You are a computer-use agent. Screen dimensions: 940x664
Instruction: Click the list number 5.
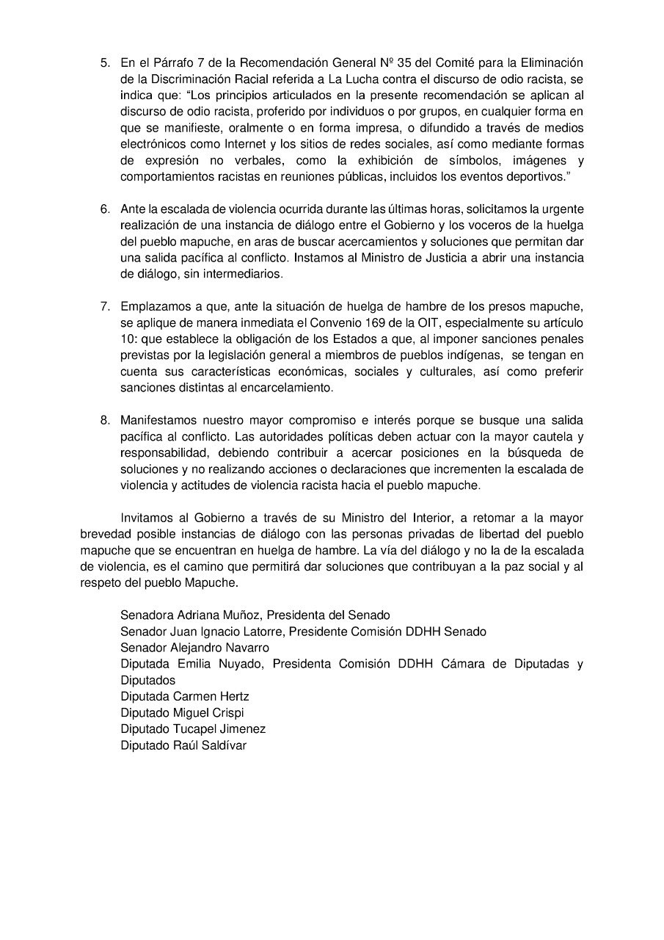tap(104, 63)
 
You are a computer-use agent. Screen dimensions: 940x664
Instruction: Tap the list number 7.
tap(104, 305)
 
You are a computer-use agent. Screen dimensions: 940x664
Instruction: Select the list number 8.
tap(104, 420)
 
